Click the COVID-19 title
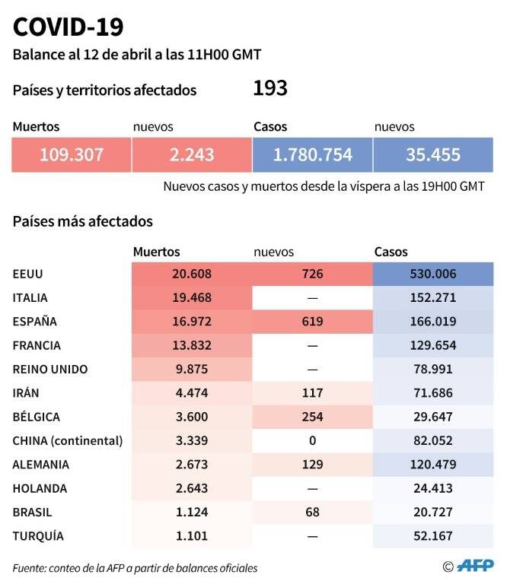point(68,27)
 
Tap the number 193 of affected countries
point(270,89)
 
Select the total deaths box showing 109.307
point(72,155)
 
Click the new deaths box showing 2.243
point(192,155)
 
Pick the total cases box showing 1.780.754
point(312,155)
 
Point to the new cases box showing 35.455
point(433,155)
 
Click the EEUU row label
point(28,274)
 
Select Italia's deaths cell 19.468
point(192,297)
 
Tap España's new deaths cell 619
point(312,322)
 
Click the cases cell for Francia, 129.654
point(433,345)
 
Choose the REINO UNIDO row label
point(50,370)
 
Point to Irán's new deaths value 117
point(312,393)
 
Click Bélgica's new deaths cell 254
point(312,417)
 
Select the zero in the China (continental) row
point(312,440)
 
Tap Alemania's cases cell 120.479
point(433,465)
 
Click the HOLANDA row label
point(40,489)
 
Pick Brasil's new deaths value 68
point(312,512)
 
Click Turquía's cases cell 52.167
point(433,536)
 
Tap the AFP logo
point(475,566)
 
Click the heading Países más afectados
point(83,221)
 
